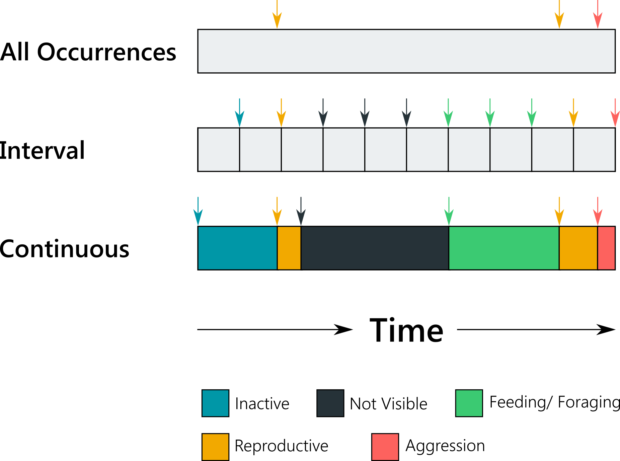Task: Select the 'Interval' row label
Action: [42, 150]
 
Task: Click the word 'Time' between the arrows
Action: [406, 330]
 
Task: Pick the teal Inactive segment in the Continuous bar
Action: [237, 248]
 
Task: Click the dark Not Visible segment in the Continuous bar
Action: [375, 248]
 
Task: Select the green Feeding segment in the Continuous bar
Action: [503, 248]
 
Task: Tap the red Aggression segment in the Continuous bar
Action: [606, 248]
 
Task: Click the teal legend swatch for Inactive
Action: [215, 403]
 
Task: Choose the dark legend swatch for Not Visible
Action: [330, 403]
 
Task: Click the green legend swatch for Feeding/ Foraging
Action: [469, 403]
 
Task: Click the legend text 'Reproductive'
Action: [282, 446]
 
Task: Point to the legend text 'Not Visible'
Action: [388, 404]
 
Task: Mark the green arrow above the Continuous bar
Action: [449, 211]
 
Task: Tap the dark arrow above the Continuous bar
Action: [301, 211]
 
